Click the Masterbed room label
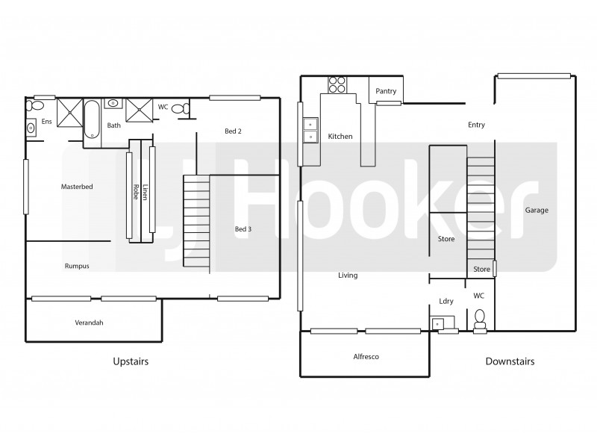point(77,186)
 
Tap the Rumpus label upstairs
point(77,265)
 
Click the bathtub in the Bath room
point(92,119)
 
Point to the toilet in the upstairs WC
point(179,108)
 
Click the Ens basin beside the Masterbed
point(31,128)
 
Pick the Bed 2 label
point(234,131)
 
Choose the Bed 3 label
point(243,228)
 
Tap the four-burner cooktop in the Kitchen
point(337,84)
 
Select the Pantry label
point(386,91)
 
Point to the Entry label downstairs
point(476,125)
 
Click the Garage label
point(536,210)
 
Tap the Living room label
point(348,276)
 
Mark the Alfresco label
point(366,357)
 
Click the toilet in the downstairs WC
point(481,318)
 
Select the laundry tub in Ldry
point(438,323)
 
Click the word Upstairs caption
point(131,361)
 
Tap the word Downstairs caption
point(510,361)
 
